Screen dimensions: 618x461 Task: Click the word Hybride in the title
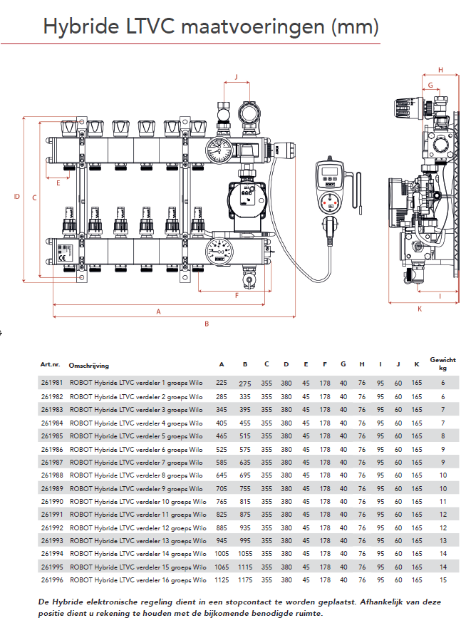(x=76, y=27)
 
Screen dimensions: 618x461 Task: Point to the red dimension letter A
(x=159, y=311)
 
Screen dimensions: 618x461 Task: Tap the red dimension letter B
(x=207, y=324)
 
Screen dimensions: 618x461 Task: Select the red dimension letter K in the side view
(x=419, y=309)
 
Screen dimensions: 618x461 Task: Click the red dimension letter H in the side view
(x=440, y=70)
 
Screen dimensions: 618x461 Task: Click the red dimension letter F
(x=237, y=294)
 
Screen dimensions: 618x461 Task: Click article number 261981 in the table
(x=52, y=383)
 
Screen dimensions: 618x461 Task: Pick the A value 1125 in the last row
(x=222, y=580)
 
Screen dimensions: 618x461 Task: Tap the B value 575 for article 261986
(x=245, y=449)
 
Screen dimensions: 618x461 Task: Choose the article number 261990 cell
(x=52, y=502)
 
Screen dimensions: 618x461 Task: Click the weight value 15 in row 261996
(x=442, y=580)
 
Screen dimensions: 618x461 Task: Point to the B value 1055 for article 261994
(x=245, y=554)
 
